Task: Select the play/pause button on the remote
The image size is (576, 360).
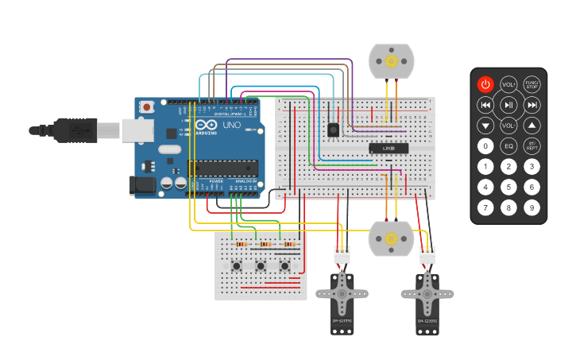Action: click(508, 105)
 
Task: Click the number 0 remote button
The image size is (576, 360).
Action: click(485, 146)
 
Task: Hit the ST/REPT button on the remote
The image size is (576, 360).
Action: click(532, 146)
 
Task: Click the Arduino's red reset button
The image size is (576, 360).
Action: click(147, 107)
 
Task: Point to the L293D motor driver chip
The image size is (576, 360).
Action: click(389, 148)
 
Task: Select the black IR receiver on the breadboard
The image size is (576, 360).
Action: click(333, 130)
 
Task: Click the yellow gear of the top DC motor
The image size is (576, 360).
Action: click(391, 61)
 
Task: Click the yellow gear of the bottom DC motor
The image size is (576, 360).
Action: click(391, 238)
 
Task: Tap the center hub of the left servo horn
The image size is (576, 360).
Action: click(342, 293)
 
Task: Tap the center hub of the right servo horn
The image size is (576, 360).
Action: click(427, 293)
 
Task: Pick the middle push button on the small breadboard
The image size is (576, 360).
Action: click(260, 265)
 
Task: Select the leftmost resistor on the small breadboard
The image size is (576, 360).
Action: click(240, 245)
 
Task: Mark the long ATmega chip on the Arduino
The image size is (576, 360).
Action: click(222, 168)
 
